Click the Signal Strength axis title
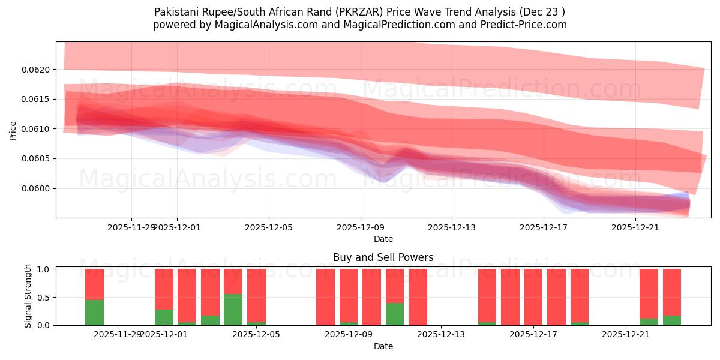pos(28,296)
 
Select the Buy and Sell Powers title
pos(383,257)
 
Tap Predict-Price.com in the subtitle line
pos(525,25)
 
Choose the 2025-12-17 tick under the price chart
pos(543,227)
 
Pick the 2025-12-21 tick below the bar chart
pos(626,334)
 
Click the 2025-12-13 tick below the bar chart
pos(441,334)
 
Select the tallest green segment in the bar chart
pos(233,310)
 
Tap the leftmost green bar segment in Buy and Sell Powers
pos(94,312)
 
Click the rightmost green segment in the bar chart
pos(671,320)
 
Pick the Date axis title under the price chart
pos(383,239)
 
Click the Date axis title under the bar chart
pos(383,346)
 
